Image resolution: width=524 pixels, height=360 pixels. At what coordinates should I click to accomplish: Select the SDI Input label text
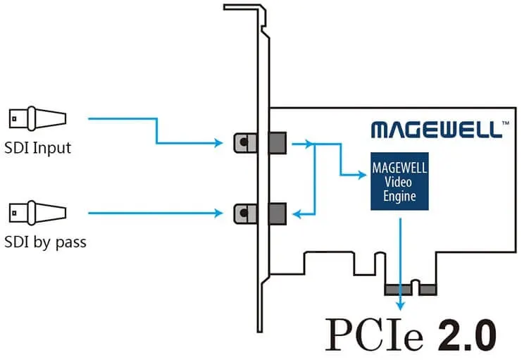point(37,149)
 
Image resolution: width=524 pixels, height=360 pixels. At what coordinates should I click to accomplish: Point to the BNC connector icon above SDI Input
point(37,118)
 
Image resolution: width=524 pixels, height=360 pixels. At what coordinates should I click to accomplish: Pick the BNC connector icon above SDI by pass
point(37,211)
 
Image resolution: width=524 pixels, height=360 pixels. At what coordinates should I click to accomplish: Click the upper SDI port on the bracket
point(242,142)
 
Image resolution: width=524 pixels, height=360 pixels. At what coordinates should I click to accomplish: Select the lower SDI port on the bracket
point(242,211)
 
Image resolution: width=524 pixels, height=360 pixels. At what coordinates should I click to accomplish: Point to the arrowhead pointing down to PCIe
point(401,304)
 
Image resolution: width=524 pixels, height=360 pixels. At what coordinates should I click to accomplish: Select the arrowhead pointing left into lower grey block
point(297,211)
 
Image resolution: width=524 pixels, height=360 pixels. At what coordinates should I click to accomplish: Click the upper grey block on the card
point(278,142)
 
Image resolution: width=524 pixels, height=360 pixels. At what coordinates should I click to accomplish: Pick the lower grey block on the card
point(278,211)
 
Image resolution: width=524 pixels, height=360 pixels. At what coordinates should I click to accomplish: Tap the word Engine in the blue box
point(399,197)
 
